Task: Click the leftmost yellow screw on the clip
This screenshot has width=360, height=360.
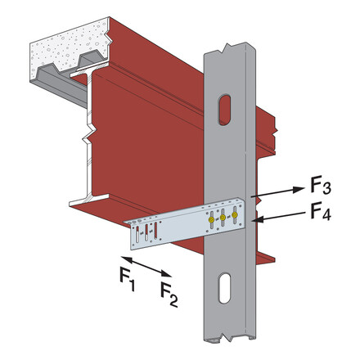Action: click(211, 220)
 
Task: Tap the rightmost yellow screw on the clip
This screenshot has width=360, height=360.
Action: click(235, 215)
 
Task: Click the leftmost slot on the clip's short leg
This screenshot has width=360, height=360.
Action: click(137, 236)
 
